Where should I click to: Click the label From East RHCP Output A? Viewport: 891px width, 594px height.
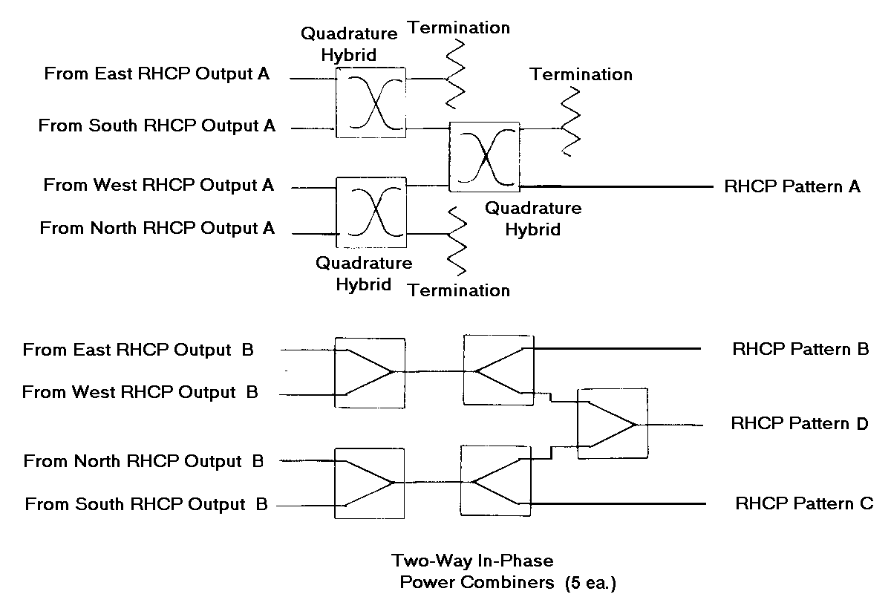[x=157, y=74]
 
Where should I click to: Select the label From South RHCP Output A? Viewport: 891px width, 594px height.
[x=157, y=126]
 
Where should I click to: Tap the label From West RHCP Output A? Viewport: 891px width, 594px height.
[x=158, y=185]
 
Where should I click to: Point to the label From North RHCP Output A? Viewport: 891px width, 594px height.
[x=157, y=228]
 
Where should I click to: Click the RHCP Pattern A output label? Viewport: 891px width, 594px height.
[x=792, y=186]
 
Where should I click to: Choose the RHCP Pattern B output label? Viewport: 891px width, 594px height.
[x=800, y=348]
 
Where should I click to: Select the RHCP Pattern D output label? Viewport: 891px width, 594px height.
[x=800, y=424]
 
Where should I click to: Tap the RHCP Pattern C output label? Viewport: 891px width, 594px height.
[x=804, y=503]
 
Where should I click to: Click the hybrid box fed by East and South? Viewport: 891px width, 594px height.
[x=371, y=102]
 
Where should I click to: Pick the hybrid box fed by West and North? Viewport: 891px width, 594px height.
[x=371, y=212]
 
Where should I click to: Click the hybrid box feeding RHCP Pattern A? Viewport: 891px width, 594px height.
[x=484, y=157]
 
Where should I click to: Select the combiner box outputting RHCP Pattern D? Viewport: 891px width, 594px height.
[x=613, y=423]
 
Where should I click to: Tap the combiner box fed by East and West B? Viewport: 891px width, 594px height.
[x=370, y=371]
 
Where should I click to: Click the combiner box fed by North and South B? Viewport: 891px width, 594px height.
[x=370, y=483]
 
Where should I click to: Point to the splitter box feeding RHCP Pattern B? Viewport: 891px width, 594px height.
[x=497, y=370]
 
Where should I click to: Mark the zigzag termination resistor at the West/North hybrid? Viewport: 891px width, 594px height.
[x=457, y=241]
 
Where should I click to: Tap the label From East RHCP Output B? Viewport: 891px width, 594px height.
[x=138, y=349]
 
